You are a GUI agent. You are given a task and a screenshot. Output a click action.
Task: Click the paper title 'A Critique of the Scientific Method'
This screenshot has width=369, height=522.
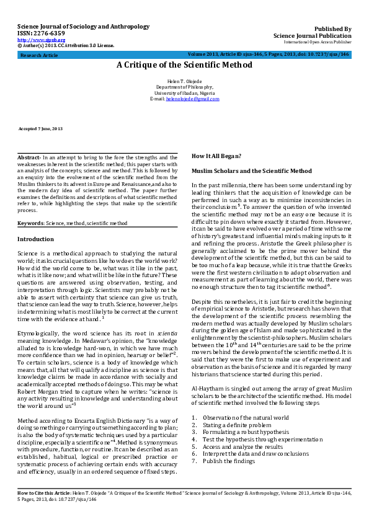[184, 64]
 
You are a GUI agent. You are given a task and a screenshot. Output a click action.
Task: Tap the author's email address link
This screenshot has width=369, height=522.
[189, 99]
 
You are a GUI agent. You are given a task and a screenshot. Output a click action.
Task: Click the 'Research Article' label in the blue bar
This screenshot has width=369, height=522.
[40, 55]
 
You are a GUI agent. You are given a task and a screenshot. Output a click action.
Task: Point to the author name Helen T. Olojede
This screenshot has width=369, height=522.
[184, 82]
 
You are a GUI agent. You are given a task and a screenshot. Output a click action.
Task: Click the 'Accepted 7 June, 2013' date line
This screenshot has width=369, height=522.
[41, 128]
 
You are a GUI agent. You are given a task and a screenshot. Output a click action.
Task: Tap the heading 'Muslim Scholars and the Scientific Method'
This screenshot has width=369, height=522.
[252, 170]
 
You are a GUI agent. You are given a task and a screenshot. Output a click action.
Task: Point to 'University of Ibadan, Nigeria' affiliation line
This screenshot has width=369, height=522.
[184, 94]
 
